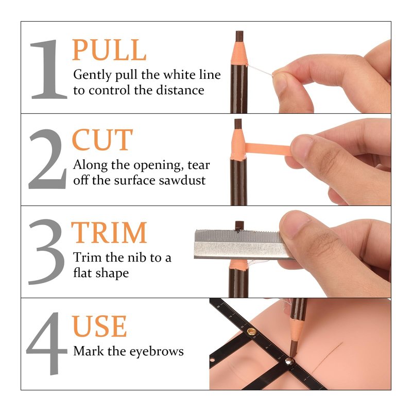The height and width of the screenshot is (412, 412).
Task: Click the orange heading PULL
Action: click(x=109, y=49)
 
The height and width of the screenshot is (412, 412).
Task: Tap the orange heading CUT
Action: click(x=102, y=140)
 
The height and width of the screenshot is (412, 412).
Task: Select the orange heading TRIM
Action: click(x=109, y=232)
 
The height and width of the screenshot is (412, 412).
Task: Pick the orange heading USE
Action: click(x=99, y=326)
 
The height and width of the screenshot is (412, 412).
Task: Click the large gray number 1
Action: click(x=48, y=70)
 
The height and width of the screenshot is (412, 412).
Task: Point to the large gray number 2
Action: click(x=47, y=159)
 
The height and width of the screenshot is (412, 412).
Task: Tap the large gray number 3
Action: click(x=46, y=252)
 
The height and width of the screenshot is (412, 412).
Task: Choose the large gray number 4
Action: click(x=47, y=344)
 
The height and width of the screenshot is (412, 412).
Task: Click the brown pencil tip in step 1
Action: click(x=239, y=36)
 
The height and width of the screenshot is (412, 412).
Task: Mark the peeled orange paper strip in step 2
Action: click(x=268, y=149)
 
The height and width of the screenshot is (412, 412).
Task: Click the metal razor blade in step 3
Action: click(x=241, y=244)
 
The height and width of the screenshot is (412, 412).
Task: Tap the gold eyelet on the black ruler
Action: click(x=251, y=332)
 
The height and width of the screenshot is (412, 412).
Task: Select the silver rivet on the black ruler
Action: click(x=289, y=361)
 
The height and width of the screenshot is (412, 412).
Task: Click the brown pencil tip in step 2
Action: click(x=238, y=124)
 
